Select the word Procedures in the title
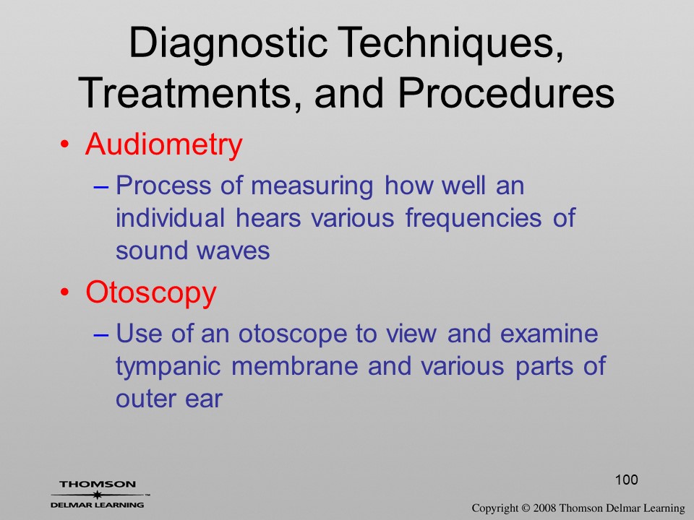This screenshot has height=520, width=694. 506,93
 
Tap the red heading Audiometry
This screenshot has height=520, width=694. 164,144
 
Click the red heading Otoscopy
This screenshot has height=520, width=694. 151,293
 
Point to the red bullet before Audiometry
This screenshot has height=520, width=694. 65,144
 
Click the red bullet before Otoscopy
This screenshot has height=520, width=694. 65,292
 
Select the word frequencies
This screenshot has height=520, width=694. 473,218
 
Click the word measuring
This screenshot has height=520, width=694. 312,186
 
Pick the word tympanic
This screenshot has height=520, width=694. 168,368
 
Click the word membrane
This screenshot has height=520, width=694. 294,366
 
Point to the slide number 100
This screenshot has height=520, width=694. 626,480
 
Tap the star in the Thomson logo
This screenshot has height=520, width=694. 96,494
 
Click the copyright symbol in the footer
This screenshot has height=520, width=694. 526,508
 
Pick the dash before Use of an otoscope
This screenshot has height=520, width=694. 100,335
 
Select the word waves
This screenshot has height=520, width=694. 233,251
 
